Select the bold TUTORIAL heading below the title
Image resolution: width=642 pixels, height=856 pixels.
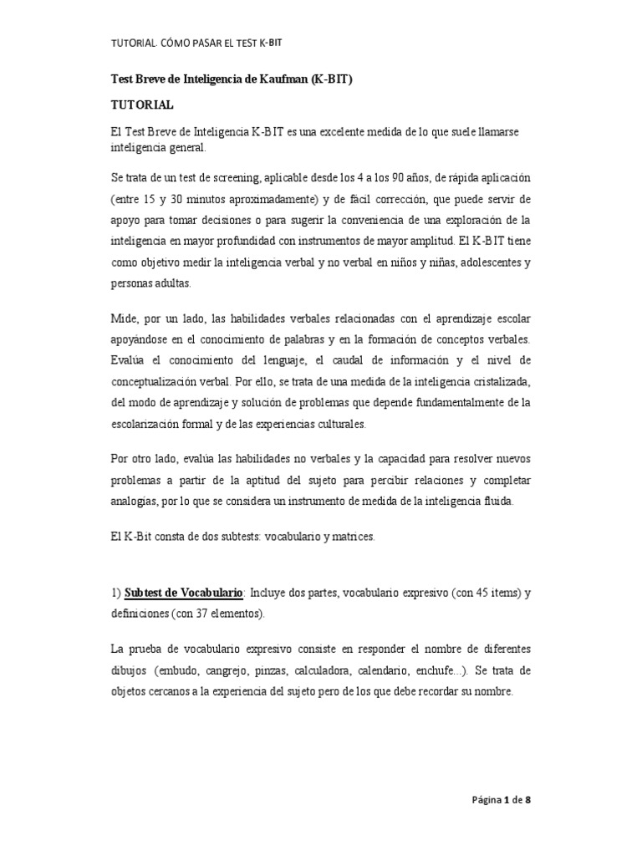pos(142,105)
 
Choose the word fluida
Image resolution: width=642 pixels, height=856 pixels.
pos(497,502)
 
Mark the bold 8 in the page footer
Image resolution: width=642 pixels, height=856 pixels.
pos(527,800)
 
